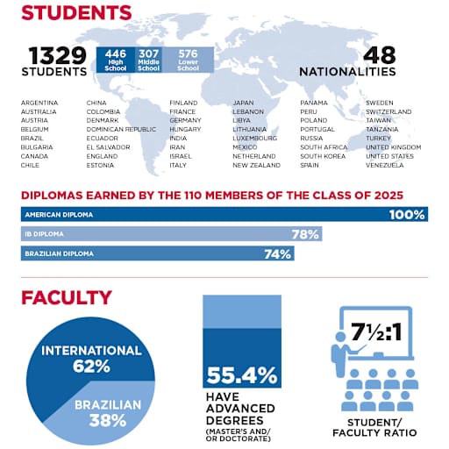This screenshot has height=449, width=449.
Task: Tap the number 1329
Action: point(58,55)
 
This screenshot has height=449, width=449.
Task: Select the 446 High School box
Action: point(114,60)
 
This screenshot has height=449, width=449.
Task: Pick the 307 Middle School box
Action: point(148,60)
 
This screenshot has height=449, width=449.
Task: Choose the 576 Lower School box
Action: point(186,60)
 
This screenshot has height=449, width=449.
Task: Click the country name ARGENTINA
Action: point(39,103)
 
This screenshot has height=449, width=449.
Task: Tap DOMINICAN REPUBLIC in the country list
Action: point(115,129)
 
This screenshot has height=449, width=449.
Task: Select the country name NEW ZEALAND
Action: point(257,165)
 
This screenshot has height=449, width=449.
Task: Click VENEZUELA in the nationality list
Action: point(386,165)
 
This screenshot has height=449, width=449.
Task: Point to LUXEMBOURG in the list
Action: point(255,138)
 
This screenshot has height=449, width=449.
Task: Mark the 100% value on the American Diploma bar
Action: point(407,215)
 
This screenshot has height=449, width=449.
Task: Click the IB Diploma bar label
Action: point(44,234)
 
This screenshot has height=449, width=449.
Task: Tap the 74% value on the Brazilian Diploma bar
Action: point(278,254)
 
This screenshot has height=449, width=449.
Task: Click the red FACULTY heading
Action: point(67,298)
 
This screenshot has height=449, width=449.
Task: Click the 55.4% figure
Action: point(241,376)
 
